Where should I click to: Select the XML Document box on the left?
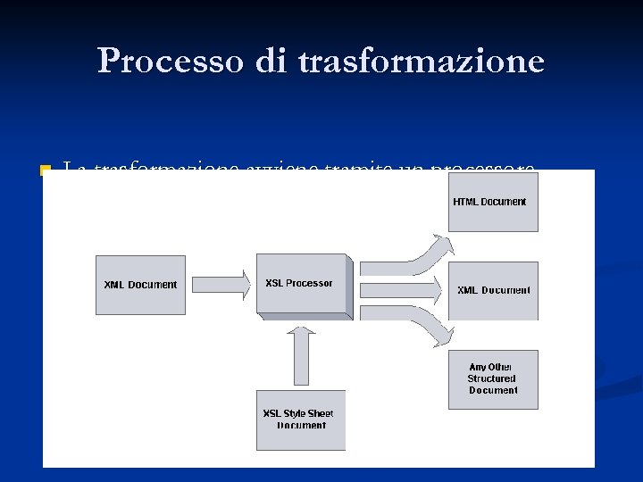click(140, 285)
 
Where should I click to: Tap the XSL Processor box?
click(300, 284)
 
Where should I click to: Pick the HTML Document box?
click(493, 202)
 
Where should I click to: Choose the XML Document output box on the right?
click(493, 290)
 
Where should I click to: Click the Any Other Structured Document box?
click(493, 379)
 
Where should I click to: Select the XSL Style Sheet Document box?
click(300, 420)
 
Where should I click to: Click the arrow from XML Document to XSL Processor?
click(221, 285)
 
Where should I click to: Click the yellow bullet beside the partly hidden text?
click(46, 169)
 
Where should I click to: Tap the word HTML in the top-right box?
click(465, 202)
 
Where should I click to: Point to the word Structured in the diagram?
click(492, 378)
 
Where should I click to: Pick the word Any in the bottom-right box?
click(478, 367)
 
